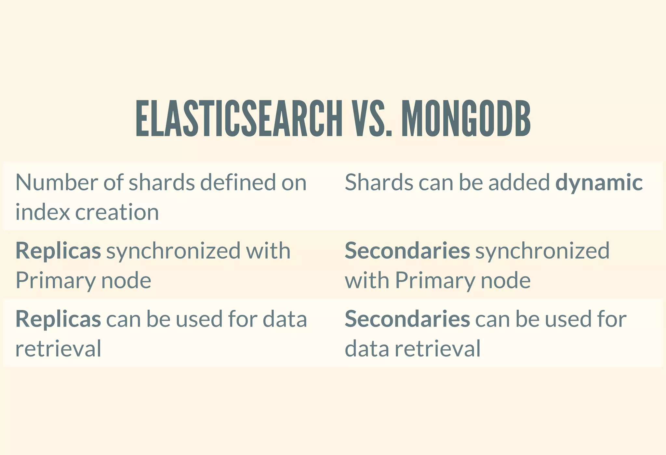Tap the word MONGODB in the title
point(466,118)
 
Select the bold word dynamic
point(599,182)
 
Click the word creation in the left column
point(117,212)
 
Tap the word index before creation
point(43,212)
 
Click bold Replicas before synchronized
point(58,251)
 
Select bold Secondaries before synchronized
point(407,251)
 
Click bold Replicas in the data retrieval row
point(58,319)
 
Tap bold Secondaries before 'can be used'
point(407,319)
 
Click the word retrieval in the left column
point(58,349)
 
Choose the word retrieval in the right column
point(438,349)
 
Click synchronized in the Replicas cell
point(173,251)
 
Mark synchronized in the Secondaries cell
point(542,251)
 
